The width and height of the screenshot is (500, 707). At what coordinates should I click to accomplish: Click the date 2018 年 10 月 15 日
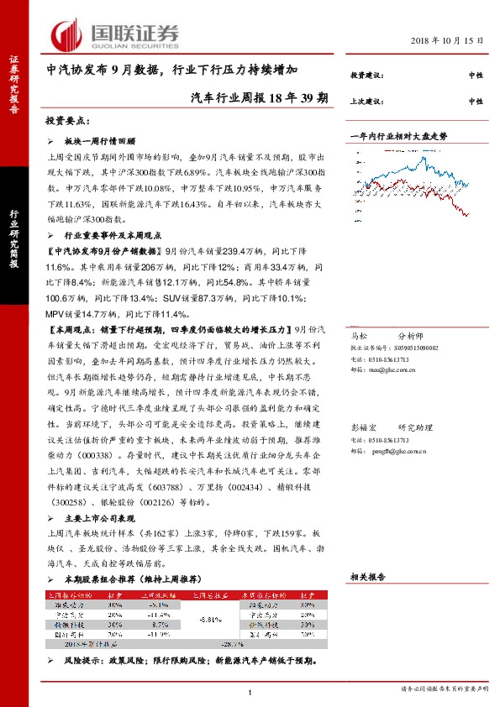click(x=448, y=40)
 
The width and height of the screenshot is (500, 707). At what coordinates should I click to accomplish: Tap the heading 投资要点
click(x=65, y=121)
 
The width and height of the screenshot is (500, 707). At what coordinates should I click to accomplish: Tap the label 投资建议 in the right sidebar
click(x=366, y=76)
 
